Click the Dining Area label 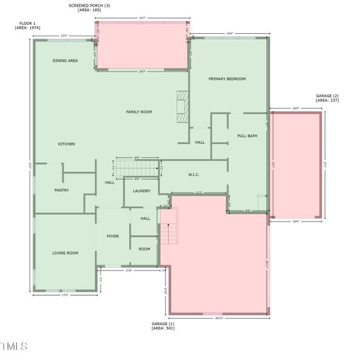click(x=65, y=60)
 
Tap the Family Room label click(x=139, y=112)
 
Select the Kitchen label click(x=67, y=144)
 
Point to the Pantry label click(x=62, y=190)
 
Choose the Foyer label click(x=113, y=236)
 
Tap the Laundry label click(x=142, y=191)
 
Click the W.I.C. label click(x=194, y=175)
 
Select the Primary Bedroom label click(x=227, y=79)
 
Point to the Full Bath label click(x=247, y=136)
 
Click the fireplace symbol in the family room click(x=183, y=106)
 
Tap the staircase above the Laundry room click(x=137, y=168)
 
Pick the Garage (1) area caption click(x=163, y=328)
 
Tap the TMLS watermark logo click(x=14, y=347)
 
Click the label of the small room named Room click(x=144, y=249)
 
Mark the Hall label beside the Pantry click(x=110, y=182)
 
